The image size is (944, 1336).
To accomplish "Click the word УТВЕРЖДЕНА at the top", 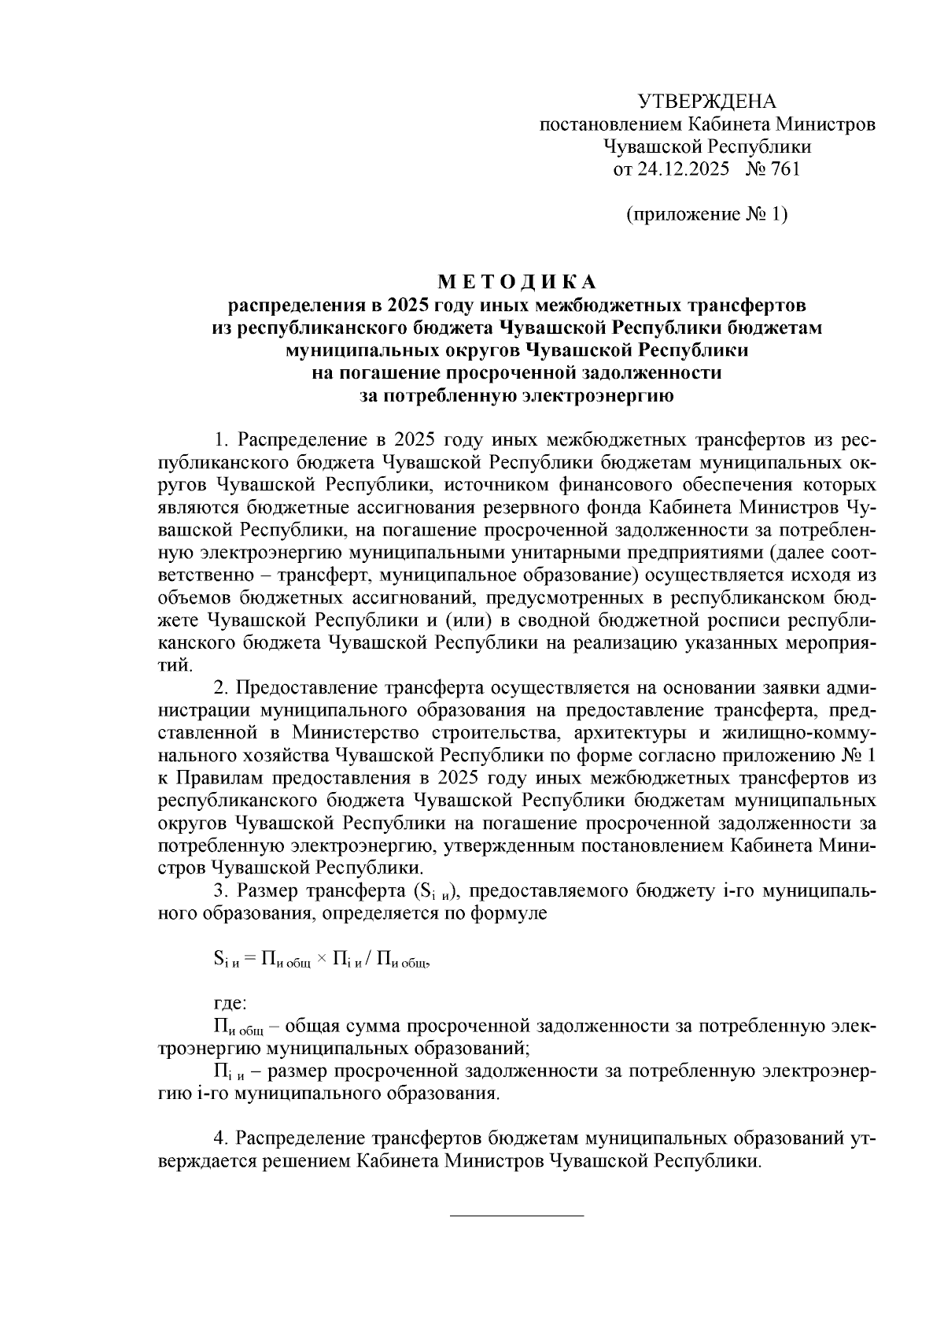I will (x=706, y=102).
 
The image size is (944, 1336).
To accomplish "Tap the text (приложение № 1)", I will (x=706, y=214).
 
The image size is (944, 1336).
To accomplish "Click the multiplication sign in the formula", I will (x=321, y=959).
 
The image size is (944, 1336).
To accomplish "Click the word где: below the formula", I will (x=230, y=1004).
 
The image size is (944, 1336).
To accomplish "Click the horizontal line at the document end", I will (x=516, y=1217).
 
